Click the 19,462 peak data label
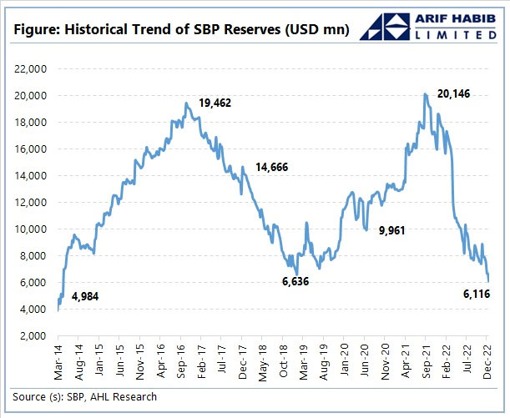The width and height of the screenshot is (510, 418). [215, 103]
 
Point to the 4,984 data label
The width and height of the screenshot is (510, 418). [86, 296]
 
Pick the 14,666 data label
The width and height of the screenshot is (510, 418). [272, 168]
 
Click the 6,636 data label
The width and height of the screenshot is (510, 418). [296, 282]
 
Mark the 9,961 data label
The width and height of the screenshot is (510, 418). [395, 229]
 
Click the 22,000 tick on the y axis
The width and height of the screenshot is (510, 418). [33, 68]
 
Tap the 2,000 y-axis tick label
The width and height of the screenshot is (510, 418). [36, 335]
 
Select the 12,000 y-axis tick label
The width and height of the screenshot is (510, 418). [33, 202]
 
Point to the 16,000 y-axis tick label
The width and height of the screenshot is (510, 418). [33, 149]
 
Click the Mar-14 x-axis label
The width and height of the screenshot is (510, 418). [58, 360]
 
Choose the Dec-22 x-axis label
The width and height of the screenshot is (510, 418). [488, 360]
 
